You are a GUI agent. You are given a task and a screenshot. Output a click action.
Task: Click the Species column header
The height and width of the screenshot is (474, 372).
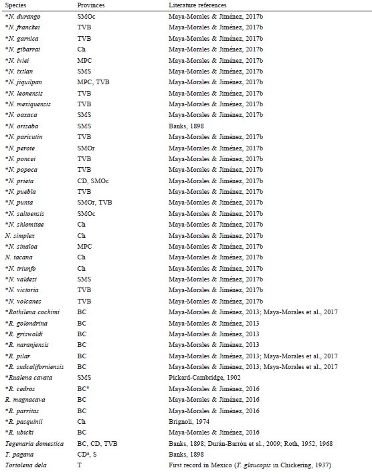pos(15,5)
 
